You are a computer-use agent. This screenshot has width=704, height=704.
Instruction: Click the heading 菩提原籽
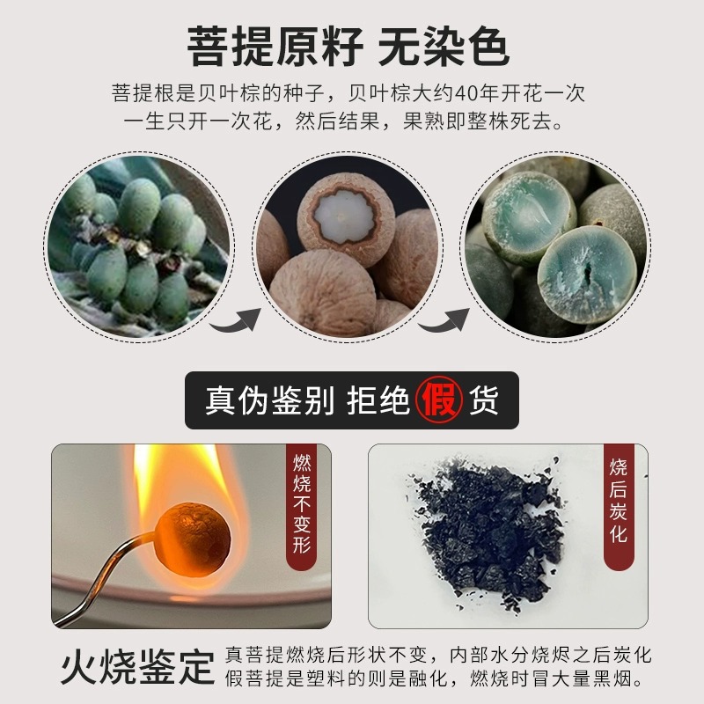point(275,47)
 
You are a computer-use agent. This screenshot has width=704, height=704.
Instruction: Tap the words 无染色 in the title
point(444,47)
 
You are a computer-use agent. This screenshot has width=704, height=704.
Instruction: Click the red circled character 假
point(438,400)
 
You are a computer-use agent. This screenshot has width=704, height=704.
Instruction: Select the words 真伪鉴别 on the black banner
point(269,400)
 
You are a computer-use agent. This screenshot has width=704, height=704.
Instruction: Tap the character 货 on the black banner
point(483,400)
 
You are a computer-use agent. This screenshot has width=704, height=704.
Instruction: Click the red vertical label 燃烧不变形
point(302,504)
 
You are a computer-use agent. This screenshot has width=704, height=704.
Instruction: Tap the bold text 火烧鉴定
point(138,667)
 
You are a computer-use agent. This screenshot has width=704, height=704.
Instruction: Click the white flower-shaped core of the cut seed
point(343,216)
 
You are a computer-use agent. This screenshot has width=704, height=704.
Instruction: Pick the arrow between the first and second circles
point(236,319)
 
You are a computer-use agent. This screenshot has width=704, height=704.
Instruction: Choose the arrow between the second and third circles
point(444,319)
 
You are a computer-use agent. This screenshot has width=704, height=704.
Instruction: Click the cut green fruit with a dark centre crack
point(587,274)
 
